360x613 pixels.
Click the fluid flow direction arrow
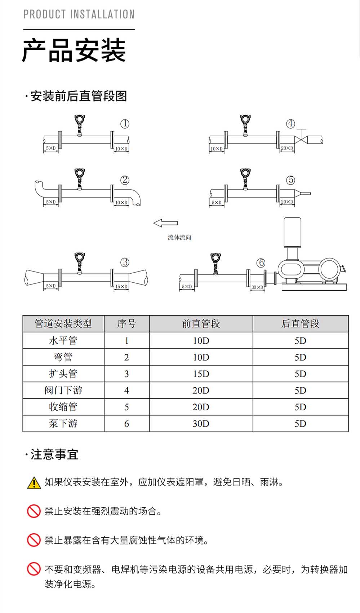[165, 223]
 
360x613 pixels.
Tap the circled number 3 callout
[125, 262]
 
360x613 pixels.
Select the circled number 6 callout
[261, 263]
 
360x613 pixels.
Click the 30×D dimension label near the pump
[257, 287]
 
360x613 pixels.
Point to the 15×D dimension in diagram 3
[121, 286]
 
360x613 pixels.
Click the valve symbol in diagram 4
[301, 139]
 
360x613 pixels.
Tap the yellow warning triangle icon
[34, 483]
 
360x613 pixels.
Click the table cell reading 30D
[201, 424]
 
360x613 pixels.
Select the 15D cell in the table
[201, 374]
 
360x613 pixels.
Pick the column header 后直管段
[300, 324]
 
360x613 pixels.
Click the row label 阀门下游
[63, 391]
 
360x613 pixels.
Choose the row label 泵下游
[63, 424]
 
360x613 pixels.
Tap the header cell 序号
[126, 324]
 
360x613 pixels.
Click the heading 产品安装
[74, 50]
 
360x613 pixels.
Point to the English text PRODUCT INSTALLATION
[79, 14]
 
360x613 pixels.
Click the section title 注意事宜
[54, 454]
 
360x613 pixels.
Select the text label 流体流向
[179, 237]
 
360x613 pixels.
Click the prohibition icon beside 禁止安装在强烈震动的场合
[34, 511]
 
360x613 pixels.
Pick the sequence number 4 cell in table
[126, 391]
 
